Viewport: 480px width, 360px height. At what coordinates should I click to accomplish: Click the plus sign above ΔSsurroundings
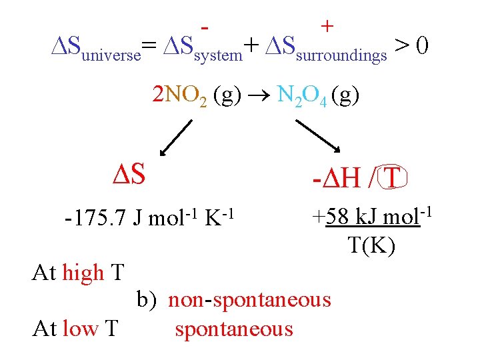(x=327, y=26)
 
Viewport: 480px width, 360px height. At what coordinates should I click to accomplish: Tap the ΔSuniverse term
(x=96, y=48)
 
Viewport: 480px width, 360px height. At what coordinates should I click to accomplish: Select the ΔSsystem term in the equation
(x=200, y=48)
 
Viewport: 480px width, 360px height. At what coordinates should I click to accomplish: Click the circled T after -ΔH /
(x=393, y=177)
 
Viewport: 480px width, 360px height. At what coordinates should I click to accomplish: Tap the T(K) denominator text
(x=371, y=245)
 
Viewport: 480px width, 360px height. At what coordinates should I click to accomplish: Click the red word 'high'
(x=83, y=273)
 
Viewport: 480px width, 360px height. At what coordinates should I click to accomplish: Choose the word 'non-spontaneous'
(x=249, y=300)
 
